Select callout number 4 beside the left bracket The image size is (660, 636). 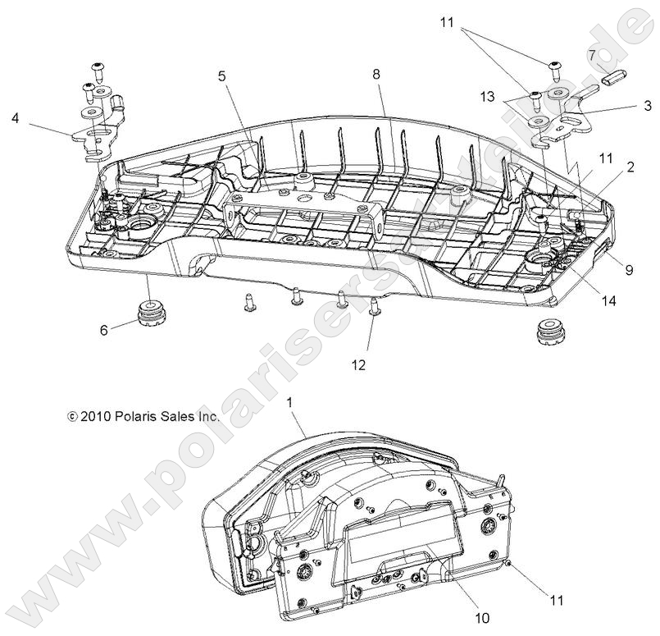tap(15, 118)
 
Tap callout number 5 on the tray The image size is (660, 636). tap(221, 76)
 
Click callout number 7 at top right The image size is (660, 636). tap(591, 56)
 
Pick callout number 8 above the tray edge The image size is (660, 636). tap(376, 75)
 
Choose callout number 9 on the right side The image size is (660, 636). tap(629, 268)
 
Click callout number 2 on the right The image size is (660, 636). tap(630, 167)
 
